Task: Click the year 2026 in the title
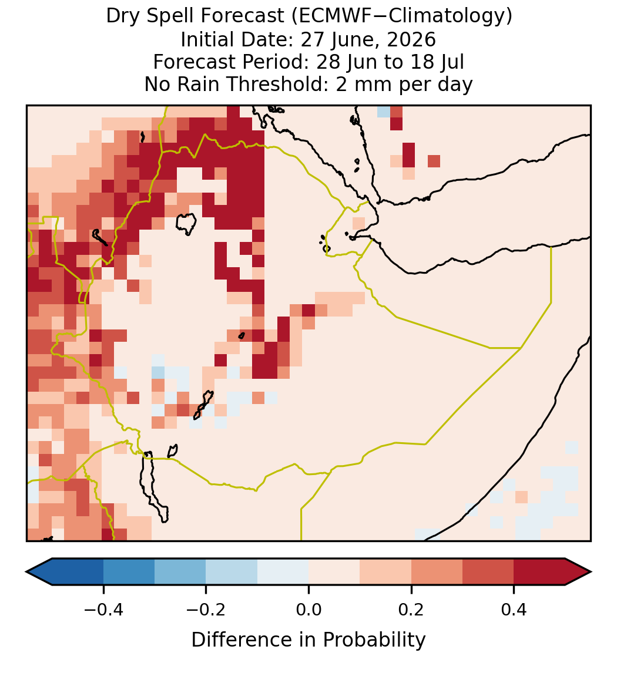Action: coord(411,39)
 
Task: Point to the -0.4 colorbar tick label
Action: coord(103,609)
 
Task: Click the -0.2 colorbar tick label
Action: coord(206,609)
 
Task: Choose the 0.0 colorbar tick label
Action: coord(308,609)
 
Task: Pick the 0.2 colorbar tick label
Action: coord(411,609)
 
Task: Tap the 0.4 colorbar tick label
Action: coord(514,609)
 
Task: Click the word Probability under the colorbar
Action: coord(374,640)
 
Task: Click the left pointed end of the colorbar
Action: coord(26,572)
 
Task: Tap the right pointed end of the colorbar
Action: coord(591,572)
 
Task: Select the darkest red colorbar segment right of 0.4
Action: coord(539,572)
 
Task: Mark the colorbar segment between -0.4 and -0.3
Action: coord(129,572)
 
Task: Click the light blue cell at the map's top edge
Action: coord(384,112)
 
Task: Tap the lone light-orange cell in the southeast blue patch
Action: coord(521,497)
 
